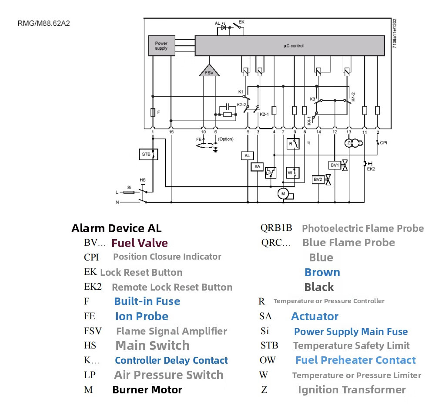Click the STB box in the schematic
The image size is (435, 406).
[146, 154]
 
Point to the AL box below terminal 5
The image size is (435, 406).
[247, 156]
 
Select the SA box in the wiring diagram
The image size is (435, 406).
[257, 166]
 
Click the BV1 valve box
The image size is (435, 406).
[335, 165]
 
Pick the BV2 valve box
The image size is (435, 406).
[318, 179]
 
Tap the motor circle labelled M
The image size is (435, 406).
[283, 193]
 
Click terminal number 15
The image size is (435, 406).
[171, 132]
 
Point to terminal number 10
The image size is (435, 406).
[203, 132]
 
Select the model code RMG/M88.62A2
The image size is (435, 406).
[43, 24]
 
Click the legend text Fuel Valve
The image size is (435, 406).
[140, 243]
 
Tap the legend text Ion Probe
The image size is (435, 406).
[142, 316]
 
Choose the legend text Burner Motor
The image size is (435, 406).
[147, 389]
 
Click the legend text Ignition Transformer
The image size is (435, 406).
[351, 389]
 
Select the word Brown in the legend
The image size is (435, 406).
[322, 272]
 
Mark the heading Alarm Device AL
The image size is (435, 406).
[116, 228]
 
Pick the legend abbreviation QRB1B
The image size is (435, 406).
[276, 228]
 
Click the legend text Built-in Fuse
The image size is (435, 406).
[147, 301]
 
